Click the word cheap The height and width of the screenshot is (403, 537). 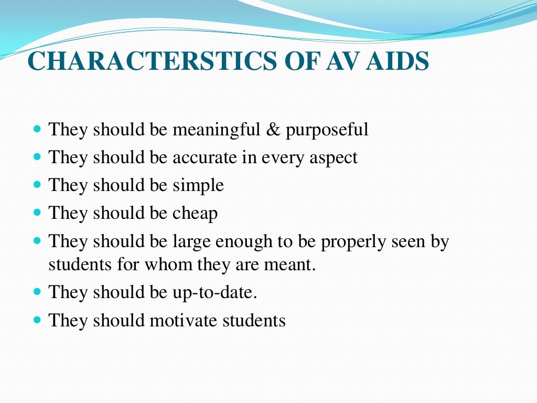(x=195, y=214)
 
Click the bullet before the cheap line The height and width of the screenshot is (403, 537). (x=37, y=213)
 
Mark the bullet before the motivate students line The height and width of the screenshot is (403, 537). (x=37, y=320)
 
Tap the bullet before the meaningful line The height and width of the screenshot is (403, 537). (x=37, y=129)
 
